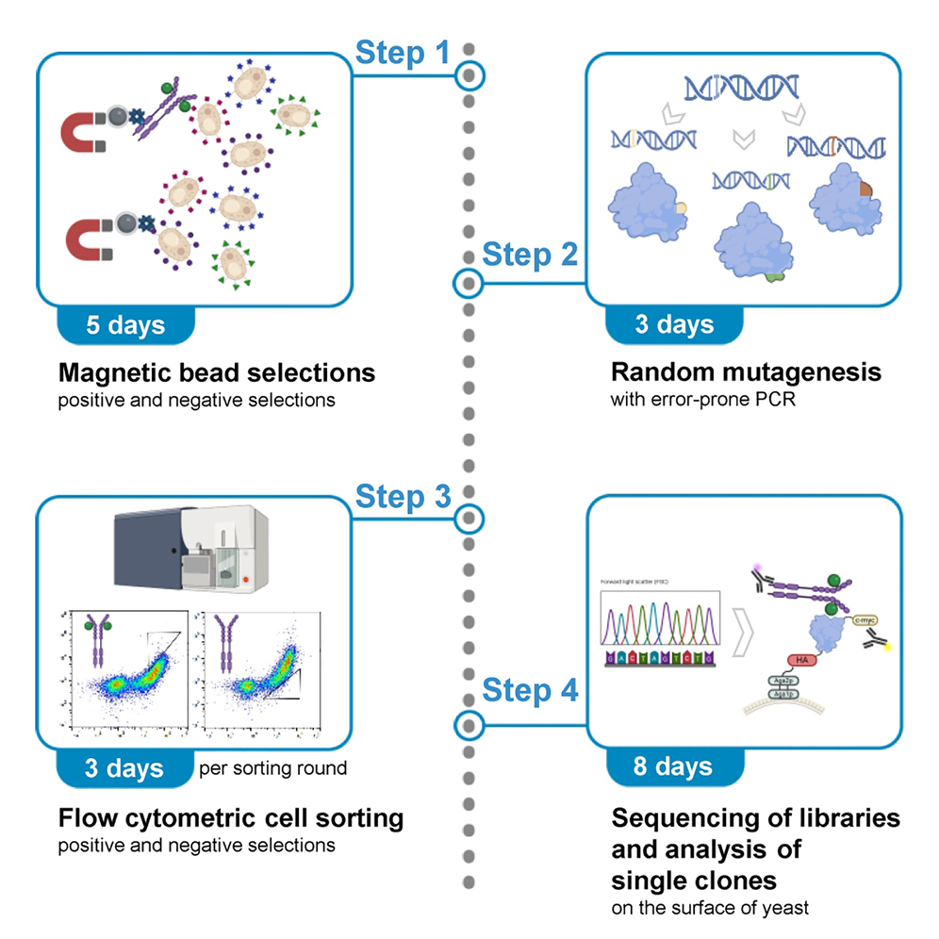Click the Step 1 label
403,53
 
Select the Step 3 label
403,497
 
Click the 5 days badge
125,325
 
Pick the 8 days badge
673,766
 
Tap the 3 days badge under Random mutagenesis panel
673,325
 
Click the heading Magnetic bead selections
216,372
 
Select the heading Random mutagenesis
746,372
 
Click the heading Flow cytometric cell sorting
230,817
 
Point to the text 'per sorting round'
272,768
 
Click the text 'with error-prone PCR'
695,399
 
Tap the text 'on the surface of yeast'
710,908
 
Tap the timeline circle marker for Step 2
468,282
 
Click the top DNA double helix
743,88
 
